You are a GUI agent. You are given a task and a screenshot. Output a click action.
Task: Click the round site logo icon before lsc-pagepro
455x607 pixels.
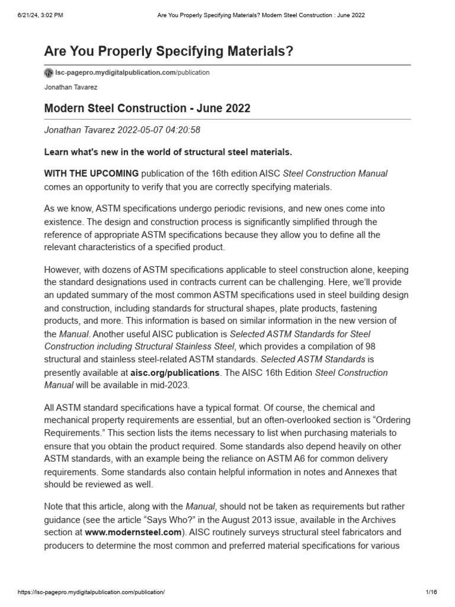(x=49, y=73)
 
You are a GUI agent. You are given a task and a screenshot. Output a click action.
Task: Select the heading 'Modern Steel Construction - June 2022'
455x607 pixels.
(x=148, y=108)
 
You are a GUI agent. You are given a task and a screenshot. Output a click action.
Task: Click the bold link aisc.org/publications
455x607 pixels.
(x=171, y=373)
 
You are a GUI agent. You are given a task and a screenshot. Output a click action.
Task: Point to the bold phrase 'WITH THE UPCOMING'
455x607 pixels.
(x=92, y=173)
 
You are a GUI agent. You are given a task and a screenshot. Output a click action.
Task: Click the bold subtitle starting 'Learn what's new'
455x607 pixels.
(x=168, y=152)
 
